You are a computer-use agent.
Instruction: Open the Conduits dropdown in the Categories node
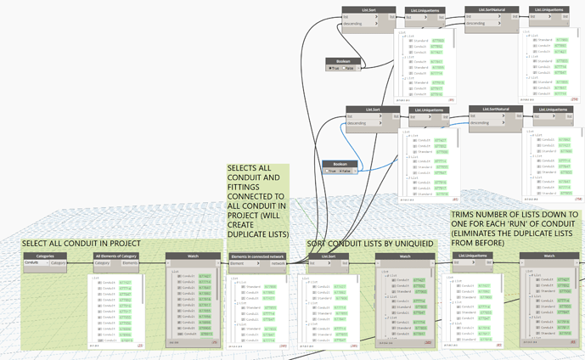[36, 263]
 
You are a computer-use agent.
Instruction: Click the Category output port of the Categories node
[58, 263]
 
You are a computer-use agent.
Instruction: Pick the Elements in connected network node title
[259, 255]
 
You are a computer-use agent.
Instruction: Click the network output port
[278, 263]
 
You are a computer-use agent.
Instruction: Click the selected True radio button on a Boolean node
[334, 69]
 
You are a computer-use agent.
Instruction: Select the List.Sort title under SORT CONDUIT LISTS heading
[329, 255]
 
